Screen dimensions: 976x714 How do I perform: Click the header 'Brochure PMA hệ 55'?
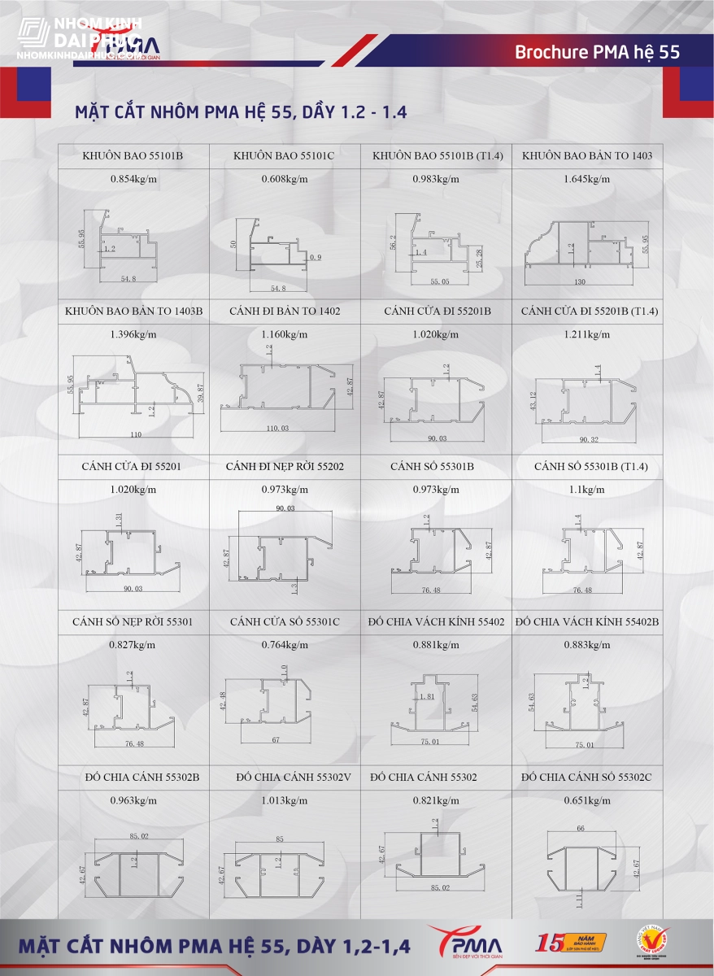tap(597, 53)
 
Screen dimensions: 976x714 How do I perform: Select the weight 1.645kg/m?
tap(586, 178)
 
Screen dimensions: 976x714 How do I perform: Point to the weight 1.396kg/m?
tap(133, 334)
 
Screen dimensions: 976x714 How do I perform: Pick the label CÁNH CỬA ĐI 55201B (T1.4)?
tap(587, 312)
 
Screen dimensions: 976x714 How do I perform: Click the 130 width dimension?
tap(580, 281)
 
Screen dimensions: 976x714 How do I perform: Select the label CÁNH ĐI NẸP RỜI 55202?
tap(285, 467)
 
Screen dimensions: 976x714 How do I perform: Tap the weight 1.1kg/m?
tap(586, 490)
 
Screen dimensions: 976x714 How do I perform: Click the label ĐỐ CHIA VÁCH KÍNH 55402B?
tap(587, 622)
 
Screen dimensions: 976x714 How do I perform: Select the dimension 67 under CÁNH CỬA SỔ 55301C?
tap(276, 740)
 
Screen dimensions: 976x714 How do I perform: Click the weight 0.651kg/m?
tap(586, 800)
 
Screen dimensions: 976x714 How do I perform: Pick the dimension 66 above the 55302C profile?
tap(580, 828)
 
